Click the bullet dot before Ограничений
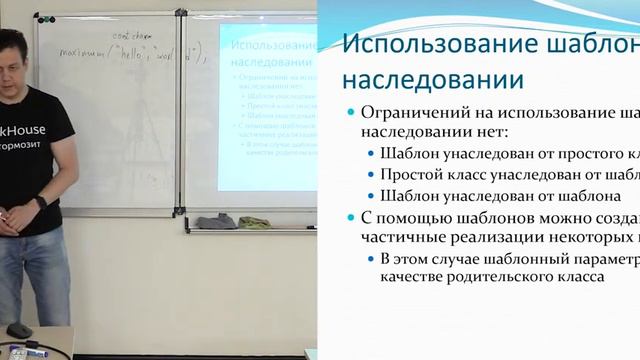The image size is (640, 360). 349,113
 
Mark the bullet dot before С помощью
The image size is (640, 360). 349,219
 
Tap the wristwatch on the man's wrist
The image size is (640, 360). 39,202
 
